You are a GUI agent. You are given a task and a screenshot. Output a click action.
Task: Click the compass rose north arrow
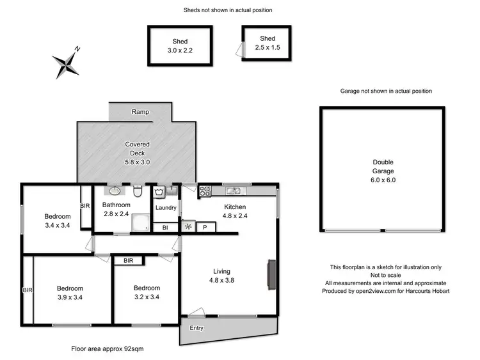(x=67, y=63)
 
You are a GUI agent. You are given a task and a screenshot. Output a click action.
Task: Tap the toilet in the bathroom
(x=138, y=191)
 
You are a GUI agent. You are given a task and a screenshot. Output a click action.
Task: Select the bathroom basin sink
(x=114, y=191)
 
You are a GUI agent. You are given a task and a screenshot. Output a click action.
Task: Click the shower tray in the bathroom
(x=140, y=223)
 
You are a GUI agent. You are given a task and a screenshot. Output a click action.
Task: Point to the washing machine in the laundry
(x=159, y=191)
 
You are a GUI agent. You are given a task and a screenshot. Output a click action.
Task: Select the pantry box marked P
(x=205, y=227)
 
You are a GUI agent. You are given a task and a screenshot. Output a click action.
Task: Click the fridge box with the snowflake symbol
(x=188, y=227)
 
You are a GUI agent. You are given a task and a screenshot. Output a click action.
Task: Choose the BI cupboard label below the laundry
(x=164, y=227)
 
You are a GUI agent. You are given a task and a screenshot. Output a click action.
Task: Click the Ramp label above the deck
(x=140, y=112)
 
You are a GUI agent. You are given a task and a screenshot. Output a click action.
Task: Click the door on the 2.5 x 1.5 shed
(x=239, y=49)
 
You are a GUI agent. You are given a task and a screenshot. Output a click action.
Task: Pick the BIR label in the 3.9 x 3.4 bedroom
(x=26, y=289)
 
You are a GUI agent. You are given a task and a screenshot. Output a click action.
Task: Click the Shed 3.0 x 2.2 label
(x=179, y=45)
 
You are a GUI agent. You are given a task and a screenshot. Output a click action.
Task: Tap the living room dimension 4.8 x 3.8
(x=222, y=279)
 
